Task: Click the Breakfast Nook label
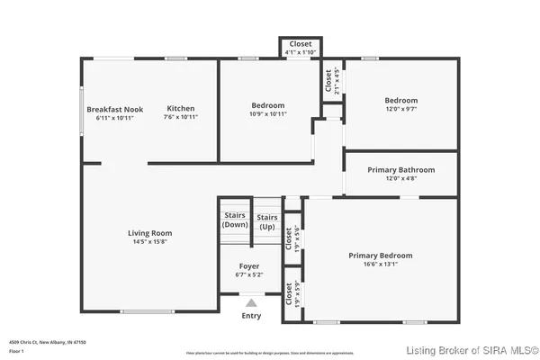pos(116,108)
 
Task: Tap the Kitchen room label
pos(181,108)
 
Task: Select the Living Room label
pos(149,232)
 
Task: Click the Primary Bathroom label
pos(401,169)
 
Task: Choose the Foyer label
pos(249,266)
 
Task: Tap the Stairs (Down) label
pos(234,221)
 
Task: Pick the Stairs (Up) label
pos(267,221)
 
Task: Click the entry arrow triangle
pos(251,303)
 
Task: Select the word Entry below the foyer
pos(251,315)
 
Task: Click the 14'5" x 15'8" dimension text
pos(149,241)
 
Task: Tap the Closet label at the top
pos(300,43)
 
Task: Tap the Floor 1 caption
pos(19,350)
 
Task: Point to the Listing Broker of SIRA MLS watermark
pos(472,349)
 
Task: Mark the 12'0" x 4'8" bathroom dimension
pos(401,178)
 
